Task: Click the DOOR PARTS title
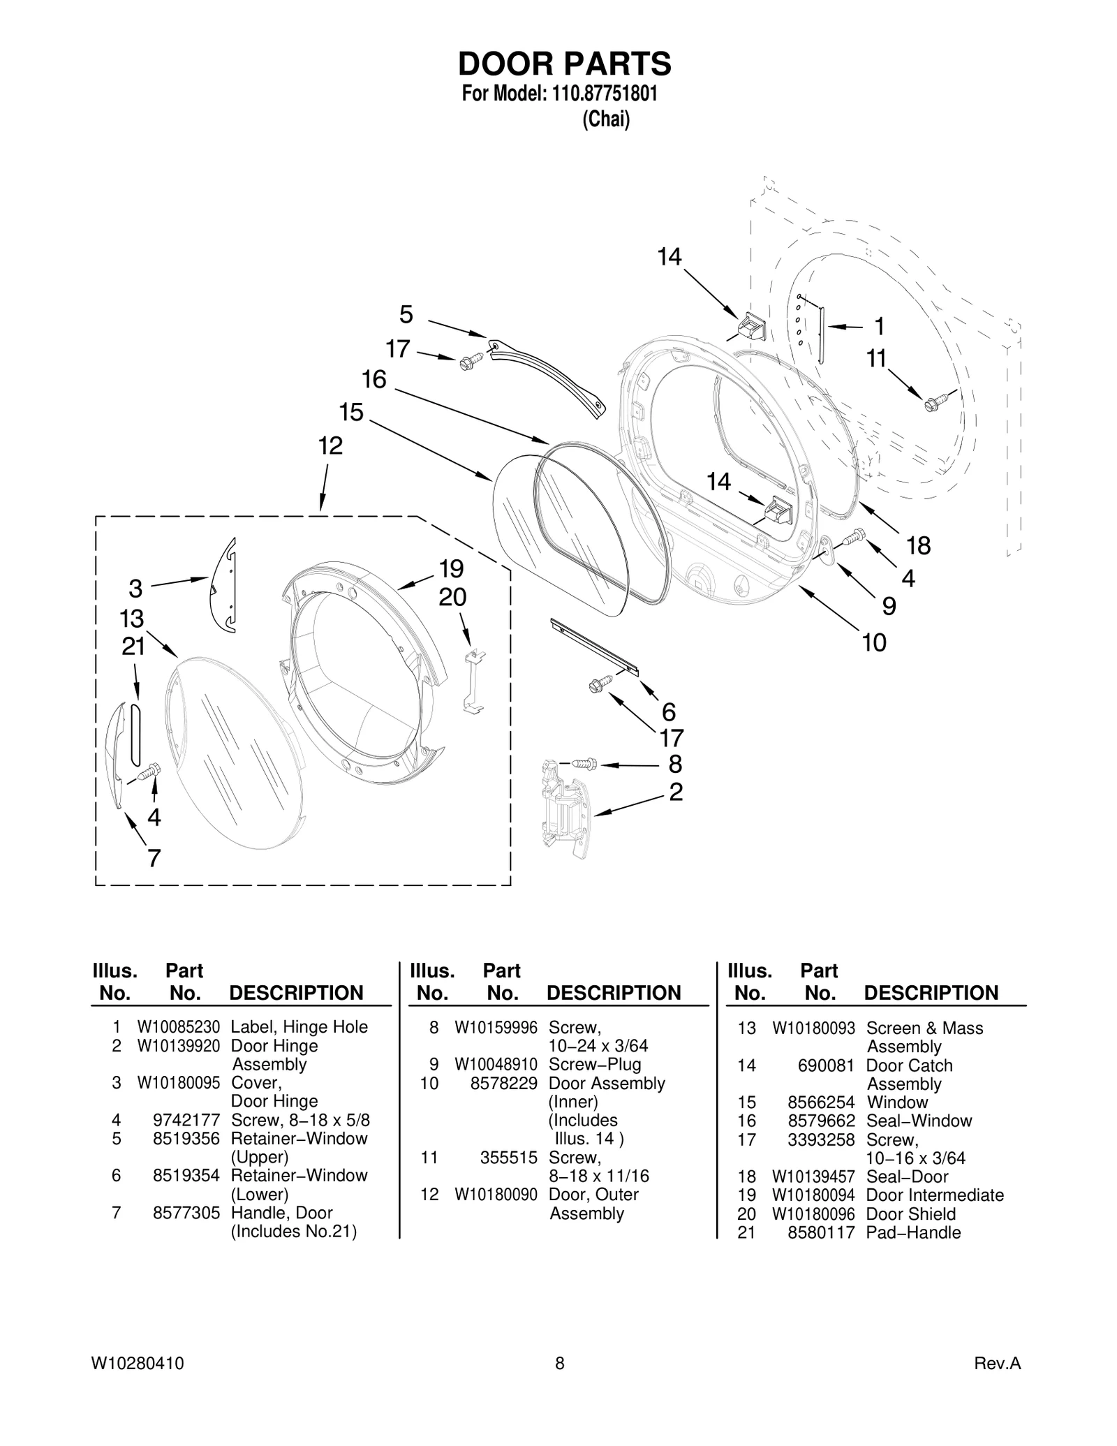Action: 564,64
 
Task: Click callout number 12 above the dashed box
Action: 330,445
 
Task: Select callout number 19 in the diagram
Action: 452,569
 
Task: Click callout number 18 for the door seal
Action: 918,545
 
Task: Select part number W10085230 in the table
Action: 178,1027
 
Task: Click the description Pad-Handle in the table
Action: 912,1232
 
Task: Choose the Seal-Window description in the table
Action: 918,1121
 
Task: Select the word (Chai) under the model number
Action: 605,119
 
